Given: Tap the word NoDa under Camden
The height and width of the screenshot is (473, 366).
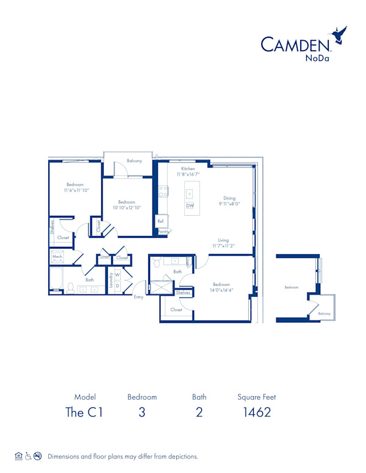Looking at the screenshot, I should coord(318,59).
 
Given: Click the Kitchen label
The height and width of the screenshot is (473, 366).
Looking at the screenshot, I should coord(188,168).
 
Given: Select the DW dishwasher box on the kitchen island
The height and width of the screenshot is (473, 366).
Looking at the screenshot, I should coord(190,206).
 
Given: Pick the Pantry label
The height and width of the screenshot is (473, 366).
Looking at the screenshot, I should coord(163,232).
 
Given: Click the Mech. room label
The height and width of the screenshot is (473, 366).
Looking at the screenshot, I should coord(57,257).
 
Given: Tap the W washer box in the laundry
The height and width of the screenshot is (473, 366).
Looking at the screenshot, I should coord(118,274).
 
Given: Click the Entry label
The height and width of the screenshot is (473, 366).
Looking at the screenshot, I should coord(138,297).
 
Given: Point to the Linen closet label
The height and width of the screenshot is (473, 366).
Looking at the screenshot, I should coord(104,258).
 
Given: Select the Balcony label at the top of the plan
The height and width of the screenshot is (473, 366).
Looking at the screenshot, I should coord(134,161).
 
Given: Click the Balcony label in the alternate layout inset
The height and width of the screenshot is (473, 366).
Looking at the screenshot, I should coord(324,314).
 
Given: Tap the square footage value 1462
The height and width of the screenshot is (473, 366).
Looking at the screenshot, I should coord(256,412).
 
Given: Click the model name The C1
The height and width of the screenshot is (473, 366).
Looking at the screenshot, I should coord(84,412).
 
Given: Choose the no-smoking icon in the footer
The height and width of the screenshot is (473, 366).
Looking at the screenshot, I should coord(38,456).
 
